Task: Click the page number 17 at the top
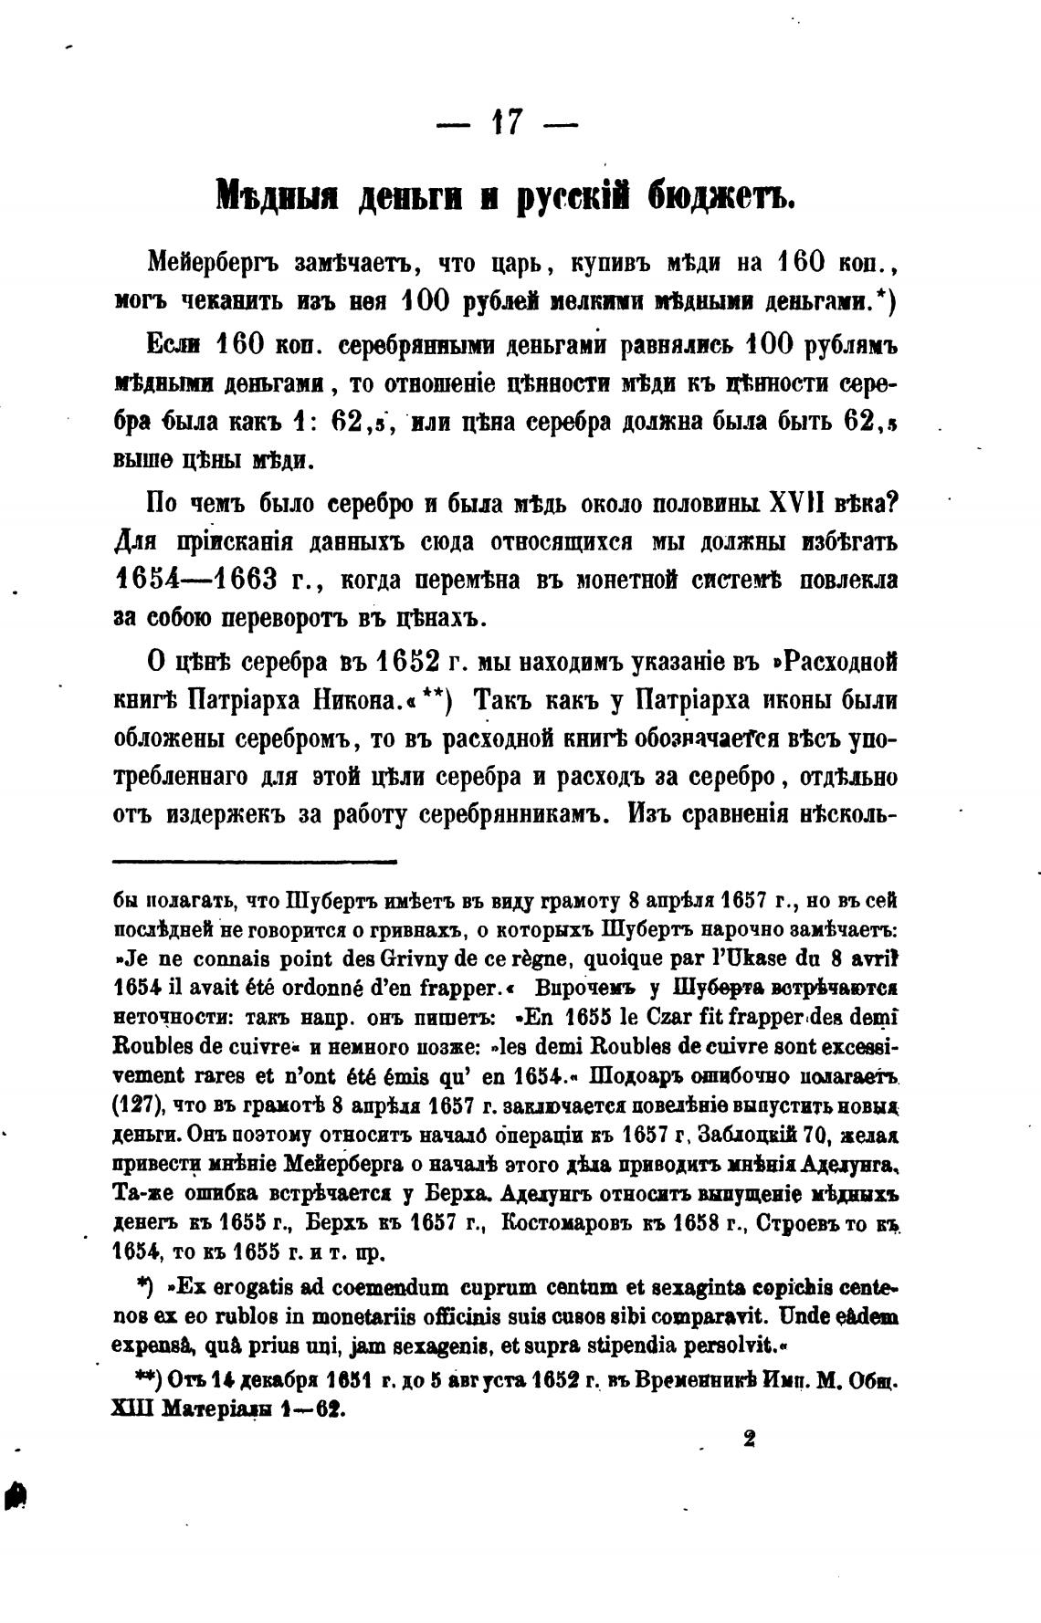(x=506, y=122)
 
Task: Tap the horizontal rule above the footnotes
(x=255, y=861)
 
